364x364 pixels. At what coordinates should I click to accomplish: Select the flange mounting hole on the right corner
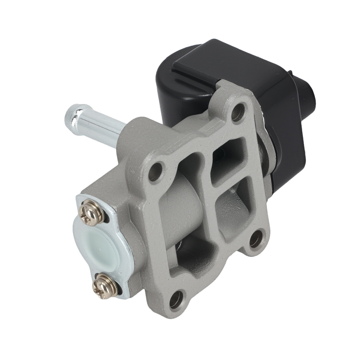coord(256,239)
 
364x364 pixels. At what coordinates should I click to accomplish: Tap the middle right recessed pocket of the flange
coord(233,211)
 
